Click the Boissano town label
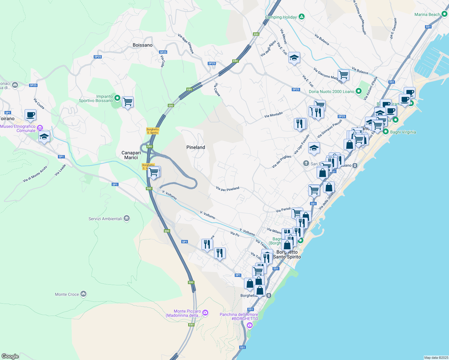[x=143, y=45]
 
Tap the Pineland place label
[x=196, y=147]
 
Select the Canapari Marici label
[x=131, y=155]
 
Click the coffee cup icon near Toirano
[x=30, y=115]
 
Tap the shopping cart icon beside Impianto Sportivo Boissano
[x=128, y=102]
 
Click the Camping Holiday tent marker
[x=302, y=17]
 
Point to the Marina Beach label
[x=427, y=14]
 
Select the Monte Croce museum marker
[x=83, y=294]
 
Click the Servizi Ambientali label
[x=105, y=219]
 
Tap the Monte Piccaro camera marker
[x=205, y=312]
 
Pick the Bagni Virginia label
[x=403, y=132]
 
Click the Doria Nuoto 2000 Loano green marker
[x=359, y=91]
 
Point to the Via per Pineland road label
[x=228, y=189]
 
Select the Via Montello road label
[x=273, y=115]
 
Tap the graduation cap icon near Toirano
[x=44, y=137]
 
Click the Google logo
[x=10, y=356]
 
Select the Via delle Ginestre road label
[x=186, y=44]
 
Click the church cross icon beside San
[x=306, y=163]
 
